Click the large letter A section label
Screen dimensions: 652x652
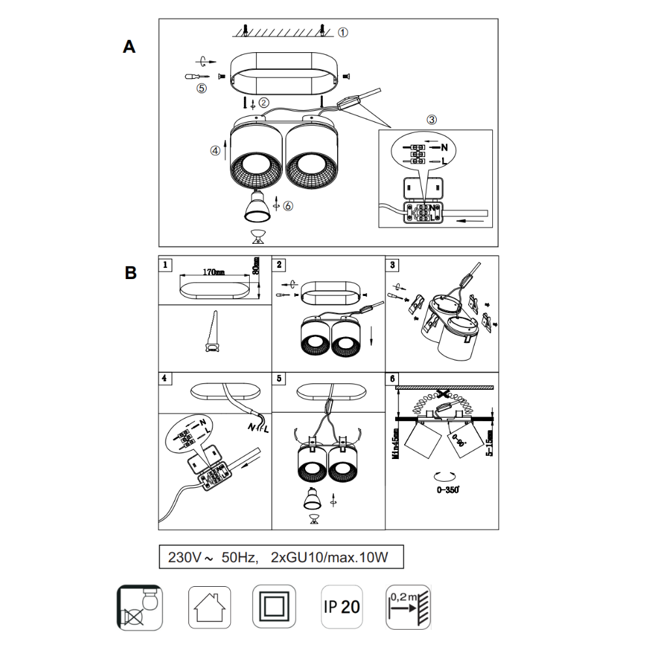tap(129, 47)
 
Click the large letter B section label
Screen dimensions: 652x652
tap(130, 273)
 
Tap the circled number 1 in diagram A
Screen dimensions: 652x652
tap(344, 31)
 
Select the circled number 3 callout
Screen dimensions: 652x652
tap(432, 120)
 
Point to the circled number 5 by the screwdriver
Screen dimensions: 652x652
tap(201, 89)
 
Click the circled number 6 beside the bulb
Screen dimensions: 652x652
tap(289, 205)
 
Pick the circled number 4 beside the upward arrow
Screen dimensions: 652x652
tap(215, 150)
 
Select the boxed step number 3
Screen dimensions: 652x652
tap(392, 264)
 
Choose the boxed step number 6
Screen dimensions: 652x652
tap(392, 378)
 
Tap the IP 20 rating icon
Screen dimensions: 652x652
tap(341, 606)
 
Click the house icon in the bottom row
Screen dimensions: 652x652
tap(210, 606)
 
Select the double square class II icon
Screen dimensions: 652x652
tap(274, 606)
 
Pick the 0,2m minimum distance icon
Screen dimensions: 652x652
tap(408, 606)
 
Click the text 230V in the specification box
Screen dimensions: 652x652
tap(183, 558)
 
